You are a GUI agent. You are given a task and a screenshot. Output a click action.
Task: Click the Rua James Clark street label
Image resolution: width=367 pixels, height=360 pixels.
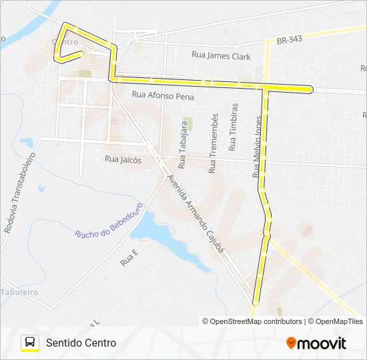click(x=221, y=57)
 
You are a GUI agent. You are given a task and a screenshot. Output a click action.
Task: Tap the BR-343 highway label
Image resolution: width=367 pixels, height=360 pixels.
click(x=288, y=39)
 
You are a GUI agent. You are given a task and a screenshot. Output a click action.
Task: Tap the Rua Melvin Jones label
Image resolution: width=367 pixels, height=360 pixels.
click(x=257, y=146)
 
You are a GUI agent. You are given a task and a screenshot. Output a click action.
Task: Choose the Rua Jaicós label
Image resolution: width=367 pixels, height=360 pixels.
click(x=123, y=159)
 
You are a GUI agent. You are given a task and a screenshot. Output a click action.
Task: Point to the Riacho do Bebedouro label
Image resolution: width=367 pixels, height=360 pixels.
click(x=109, y=220)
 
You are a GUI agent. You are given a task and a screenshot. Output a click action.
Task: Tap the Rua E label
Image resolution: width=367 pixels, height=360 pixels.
click(x=129, y=258)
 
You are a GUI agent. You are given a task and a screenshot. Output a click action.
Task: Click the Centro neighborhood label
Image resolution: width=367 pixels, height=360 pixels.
click(x=65, y=41)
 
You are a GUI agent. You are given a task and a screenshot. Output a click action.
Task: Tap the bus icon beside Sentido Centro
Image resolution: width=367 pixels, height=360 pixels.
click(x=30, y=343)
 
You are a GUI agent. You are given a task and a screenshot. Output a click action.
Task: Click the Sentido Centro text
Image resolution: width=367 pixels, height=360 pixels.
click(x=81, y=343)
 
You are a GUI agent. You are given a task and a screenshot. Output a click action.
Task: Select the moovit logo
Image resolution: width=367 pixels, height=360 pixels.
click(x=316, y=343)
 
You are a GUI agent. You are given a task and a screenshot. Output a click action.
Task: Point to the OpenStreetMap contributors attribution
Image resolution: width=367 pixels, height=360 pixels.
click(x=252, y=321)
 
